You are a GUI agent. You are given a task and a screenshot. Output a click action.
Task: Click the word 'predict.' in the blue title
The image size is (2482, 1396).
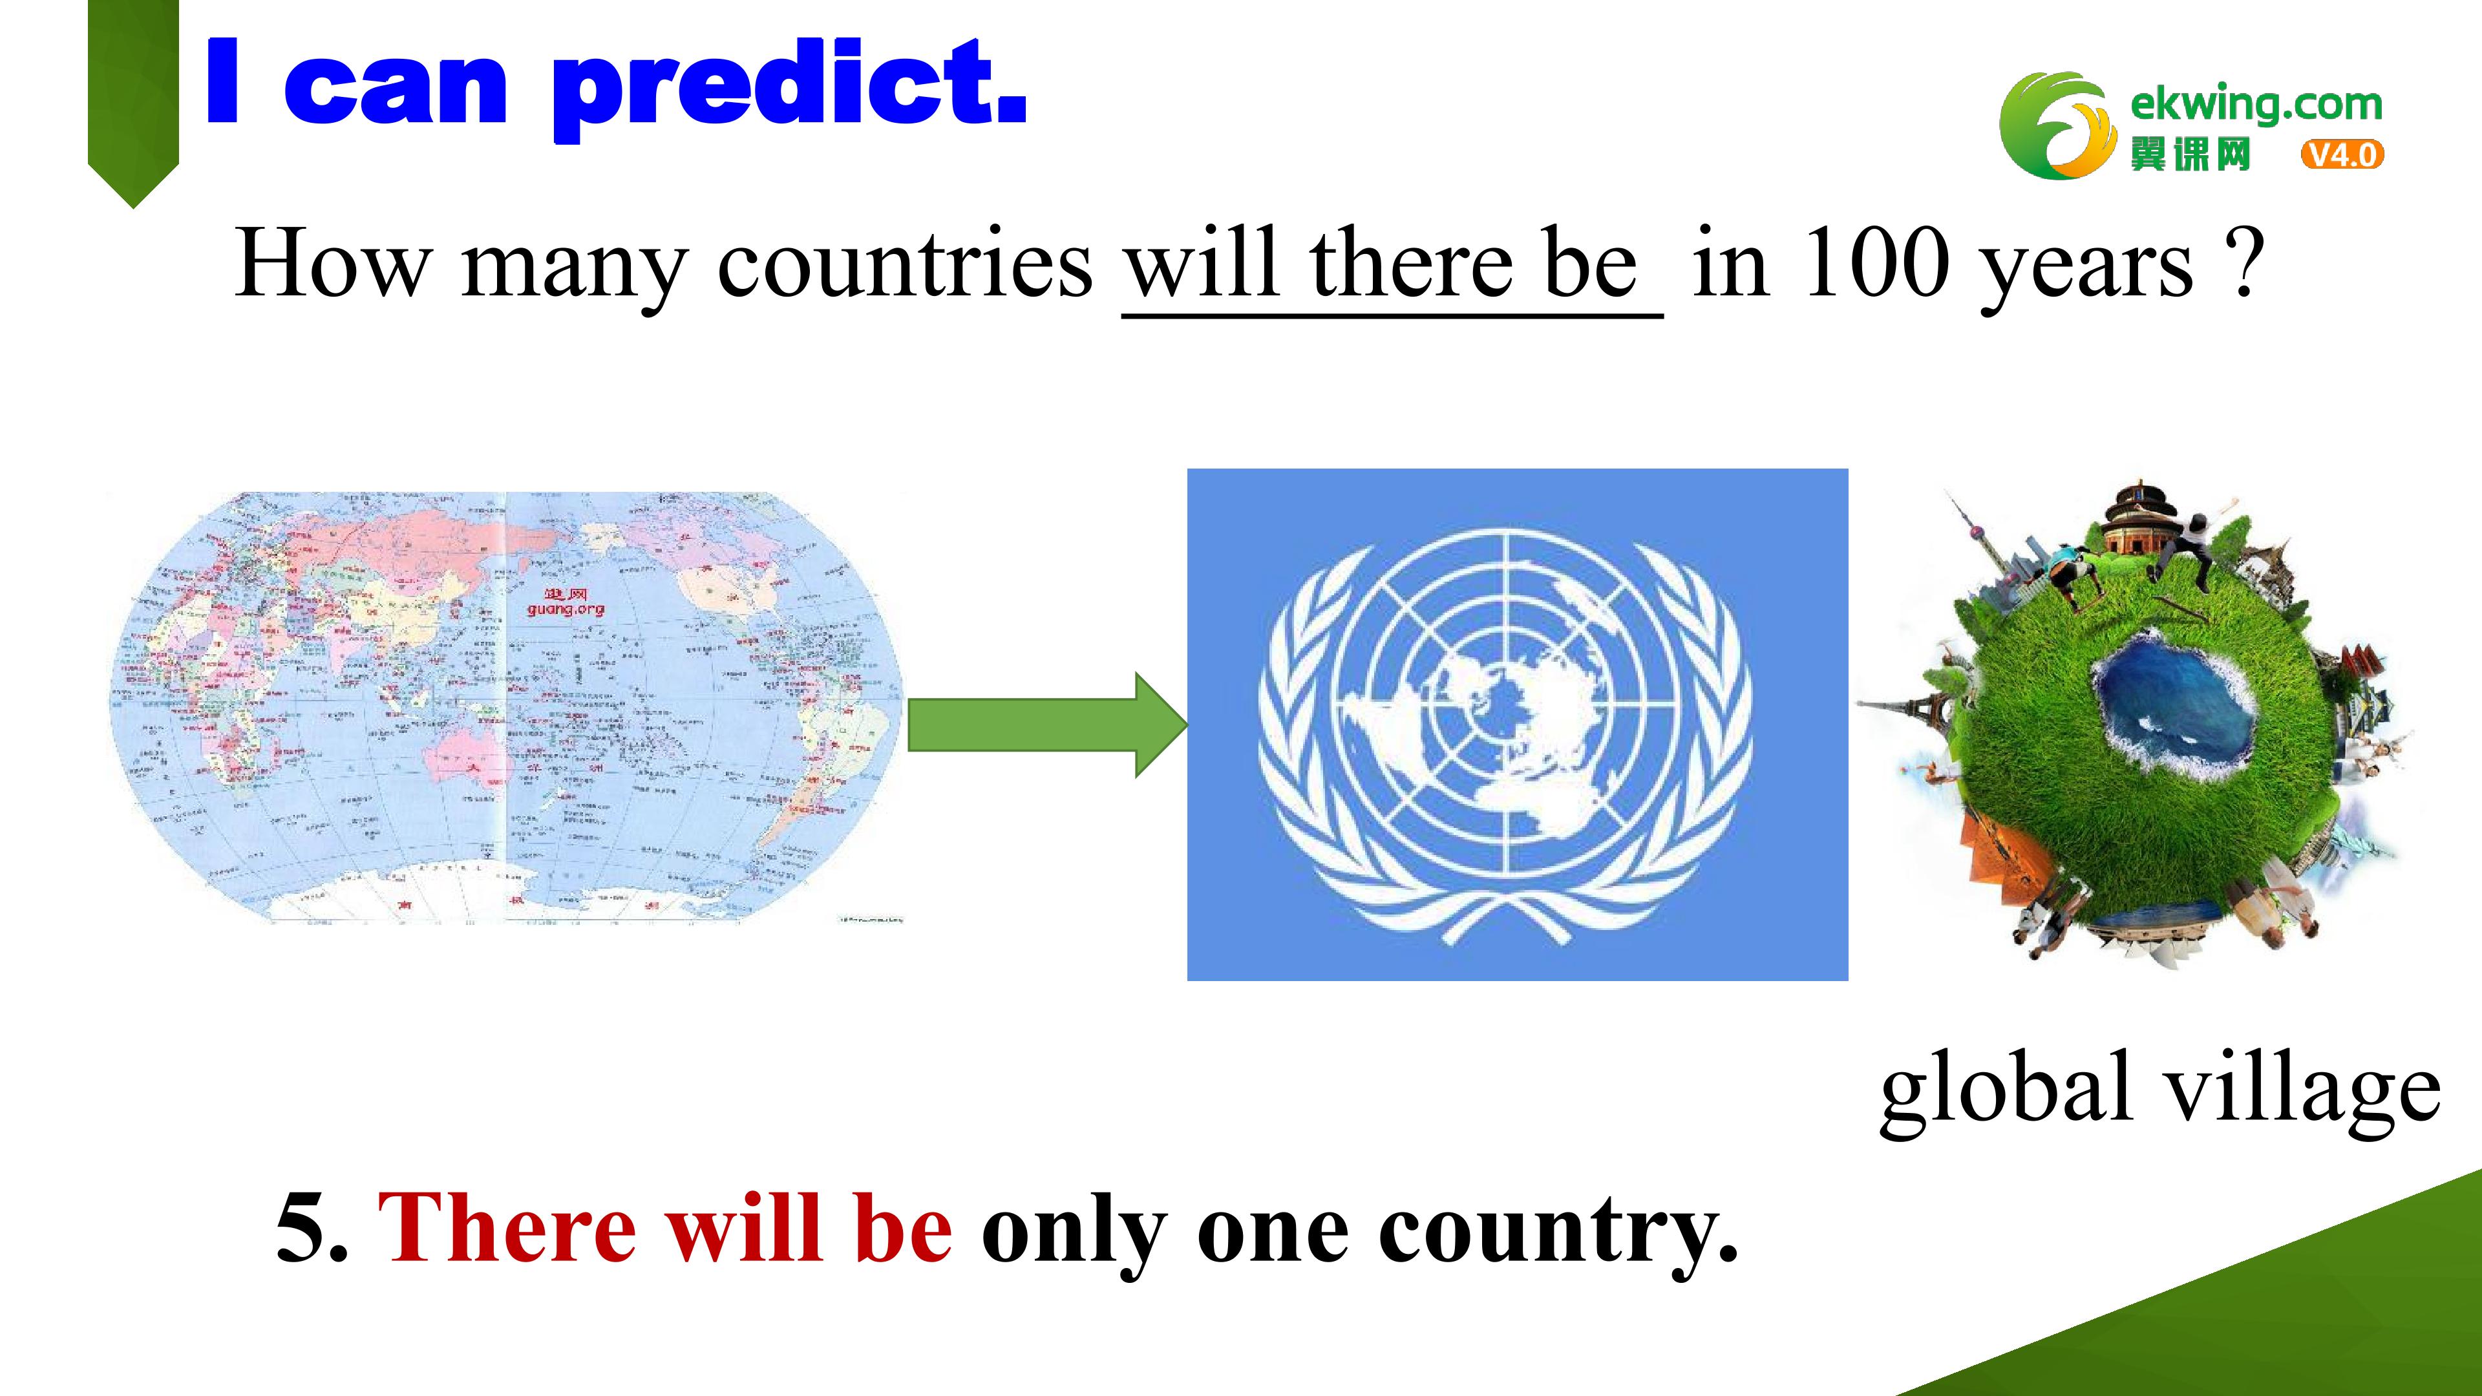coord(788,87)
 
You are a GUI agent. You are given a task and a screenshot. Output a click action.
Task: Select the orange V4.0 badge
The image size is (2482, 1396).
coord(2341,154)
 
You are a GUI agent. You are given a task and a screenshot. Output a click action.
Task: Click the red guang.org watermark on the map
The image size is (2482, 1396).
coord(566,603)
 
